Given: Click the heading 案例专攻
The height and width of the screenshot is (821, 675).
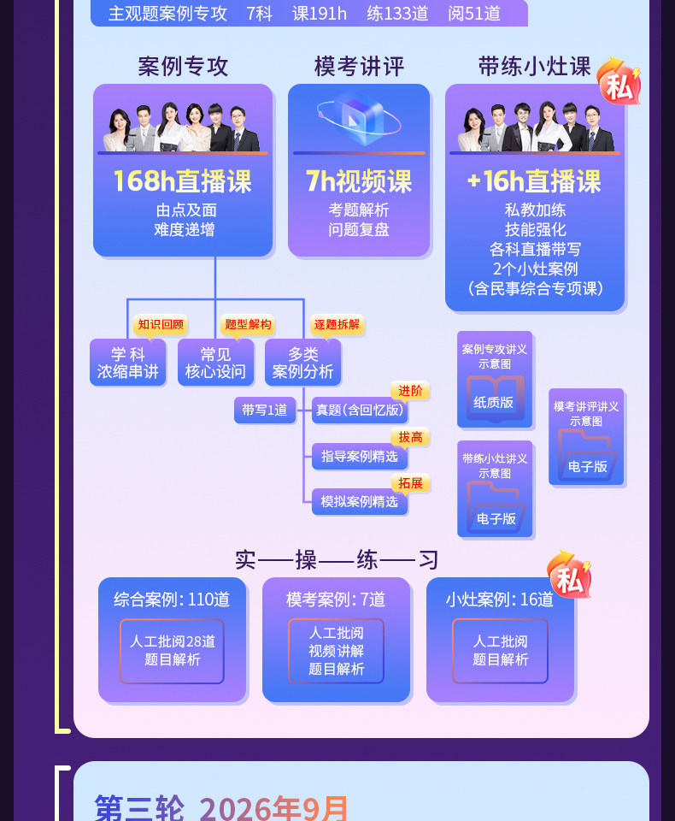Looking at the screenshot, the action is [183, 67].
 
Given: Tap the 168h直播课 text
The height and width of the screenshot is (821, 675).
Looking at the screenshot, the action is [183, 181].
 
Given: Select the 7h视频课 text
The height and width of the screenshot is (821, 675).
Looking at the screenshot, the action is [359, 181].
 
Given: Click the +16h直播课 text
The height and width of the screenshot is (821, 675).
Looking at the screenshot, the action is [534, 181].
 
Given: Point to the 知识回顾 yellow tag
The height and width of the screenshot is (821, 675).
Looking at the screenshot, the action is [161, 325].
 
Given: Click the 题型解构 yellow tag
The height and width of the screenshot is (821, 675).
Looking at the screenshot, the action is [248, 325].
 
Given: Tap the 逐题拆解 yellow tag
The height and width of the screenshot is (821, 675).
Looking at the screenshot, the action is [337, 325].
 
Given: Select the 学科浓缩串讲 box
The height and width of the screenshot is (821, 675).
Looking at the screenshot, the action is [128, 363].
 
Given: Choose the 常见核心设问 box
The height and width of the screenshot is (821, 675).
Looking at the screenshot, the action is [215, 363].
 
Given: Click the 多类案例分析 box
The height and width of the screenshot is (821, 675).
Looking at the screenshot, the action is [303, 363].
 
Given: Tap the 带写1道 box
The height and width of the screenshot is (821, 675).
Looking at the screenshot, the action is [264, 410].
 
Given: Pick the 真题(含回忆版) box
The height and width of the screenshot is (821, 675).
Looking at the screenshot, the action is [359, 410].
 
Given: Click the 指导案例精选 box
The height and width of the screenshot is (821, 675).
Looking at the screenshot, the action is [359, 457].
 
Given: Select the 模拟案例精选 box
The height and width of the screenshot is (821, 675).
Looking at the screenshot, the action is [359, 502].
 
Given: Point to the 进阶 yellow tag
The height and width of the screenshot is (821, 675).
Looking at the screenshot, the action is [410, 391].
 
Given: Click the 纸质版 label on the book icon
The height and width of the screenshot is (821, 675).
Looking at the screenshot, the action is [494, 402].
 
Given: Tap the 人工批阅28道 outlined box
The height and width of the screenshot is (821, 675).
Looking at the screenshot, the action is [172, 650].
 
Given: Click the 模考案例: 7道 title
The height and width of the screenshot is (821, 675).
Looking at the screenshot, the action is [336, 600].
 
